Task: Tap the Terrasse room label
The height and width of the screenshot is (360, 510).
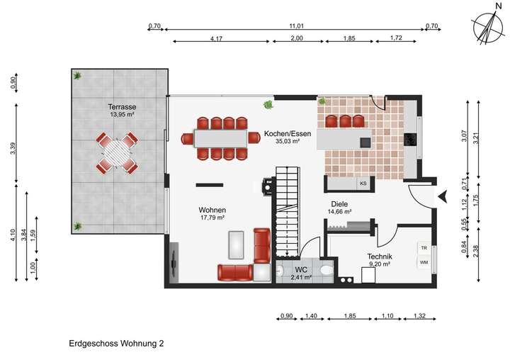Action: [123, 106]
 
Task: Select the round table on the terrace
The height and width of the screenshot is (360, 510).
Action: [117, 151]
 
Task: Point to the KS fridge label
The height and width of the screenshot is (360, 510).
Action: [363, 184]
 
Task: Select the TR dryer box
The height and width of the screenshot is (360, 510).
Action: [424, 249]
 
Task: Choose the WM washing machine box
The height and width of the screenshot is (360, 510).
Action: [424, 263]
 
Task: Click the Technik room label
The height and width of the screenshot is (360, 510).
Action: [380, 257]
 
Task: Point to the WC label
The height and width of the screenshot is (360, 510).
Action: [300, 270]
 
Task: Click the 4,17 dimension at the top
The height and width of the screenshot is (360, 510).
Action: [218, 38]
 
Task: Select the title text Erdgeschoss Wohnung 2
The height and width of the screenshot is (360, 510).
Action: [116, 343]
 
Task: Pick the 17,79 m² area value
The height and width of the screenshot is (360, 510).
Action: [212, 218]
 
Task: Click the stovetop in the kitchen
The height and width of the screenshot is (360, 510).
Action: [410, 140]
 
